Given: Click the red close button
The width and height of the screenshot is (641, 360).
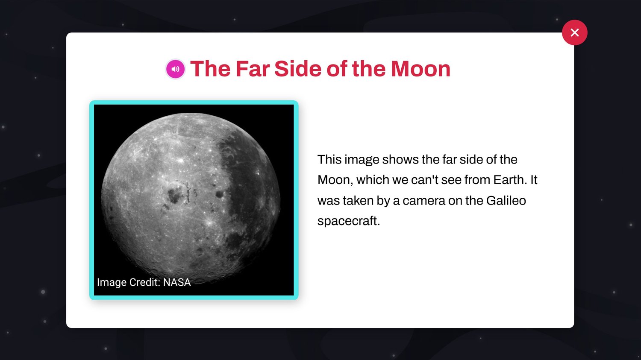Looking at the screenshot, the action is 575,32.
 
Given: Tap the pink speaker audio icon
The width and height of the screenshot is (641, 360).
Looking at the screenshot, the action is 175,69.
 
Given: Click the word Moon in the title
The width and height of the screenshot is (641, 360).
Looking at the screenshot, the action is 420,69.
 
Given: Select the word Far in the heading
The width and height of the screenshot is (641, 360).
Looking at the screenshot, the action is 253,69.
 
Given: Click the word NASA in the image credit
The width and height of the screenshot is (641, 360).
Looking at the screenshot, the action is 177,282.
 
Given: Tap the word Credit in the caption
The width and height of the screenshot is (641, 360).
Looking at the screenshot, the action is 144,282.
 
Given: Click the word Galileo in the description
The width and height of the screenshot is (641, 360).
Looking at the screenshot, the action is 506,200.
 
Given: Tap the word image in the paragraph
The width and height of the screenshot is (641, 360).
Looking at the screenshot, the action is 362,160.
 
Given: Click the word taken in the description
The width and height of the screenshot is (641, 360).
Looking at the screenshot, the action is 358,200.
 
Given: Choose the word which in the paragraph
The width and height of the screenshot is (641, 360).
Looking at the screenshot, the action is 373,180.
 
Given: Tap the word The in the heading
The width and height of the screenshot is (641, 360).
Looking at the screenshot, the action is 210,69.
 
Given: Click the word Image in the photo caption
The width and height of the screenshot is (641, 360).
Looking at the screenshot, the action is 112,283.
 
